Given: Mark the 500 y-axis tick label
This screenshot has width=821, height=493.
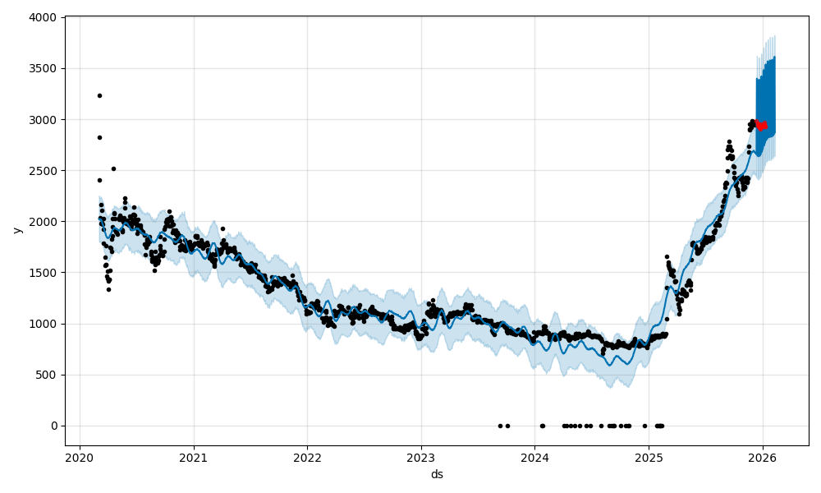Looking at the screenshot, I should [48, 375].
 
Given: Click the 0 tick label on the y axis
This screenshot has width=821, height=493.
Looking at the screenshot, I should [54, 426].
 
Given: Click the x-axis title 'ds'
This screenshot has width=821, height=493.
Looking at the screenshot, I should [437, 474].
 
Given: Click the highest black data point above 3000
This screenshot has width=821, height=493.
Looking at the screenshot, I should [99, 95].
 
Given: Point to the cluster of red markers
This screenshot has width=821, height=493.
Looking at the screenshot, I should [761, 125].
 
